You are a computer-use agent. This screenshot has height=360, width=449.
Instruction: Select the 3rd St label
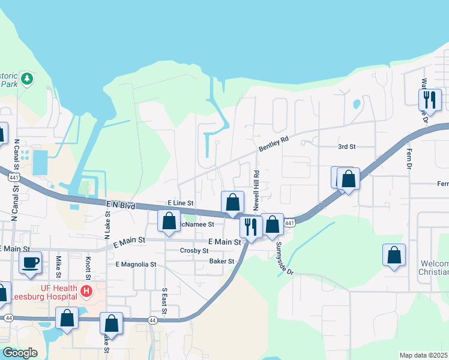(346, 146)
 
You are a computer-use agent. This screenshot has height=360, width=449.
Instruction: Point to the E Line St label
(180, 204)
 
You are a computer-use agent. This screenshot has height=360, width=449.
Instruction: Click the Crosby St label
(194, 250)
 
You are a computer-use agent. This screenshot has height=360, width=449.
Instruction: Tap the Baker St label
(221, 261)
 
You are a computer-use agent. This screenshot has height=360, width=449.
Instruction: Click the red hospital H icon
(86, 292)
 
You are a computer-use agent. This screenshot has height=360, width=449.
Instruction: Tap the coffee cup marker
(30, 262)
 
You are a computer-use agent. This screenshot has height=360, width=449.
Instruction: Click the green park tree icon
(26, 79)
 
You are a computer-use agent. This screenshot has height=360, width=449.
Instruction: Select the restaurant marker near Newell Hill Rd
(250, 227)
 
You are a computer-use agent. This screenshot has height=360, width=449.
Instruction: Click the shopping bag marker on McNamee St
(169, 220)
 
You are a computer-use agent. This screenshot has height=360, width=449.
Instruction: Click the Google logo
(20, 353)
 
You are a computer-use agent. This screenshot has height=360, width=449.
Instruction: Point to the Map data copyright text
(424, 355)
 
